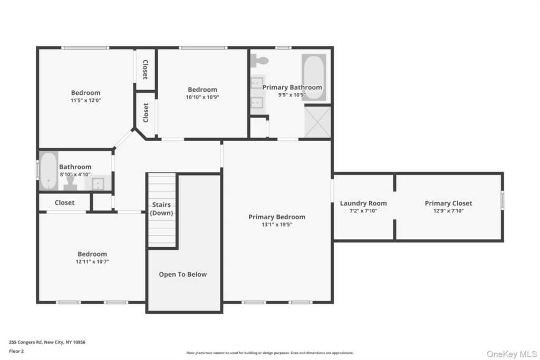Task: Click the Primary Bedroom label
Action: [x=277, y=217]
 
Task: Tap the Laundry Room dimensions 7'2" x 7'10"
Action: [x=363, y=211]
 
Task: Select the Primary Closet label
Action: [x=448, y=203]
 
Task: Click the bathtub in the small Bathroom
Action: [x=49, y=171]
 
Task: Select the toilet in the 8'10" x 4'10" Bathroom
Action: [x=70, y=183]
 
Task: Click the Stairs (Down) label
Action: [x=161, y=209]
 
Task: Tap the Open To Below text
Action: [x=183, y=275]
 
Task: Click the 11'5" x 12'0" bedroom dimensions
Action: [x=86, y=100]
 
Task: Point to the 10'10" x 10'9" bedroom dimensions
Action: [x=202, y=97]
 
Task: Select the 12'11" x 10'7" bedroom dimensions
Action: [x=92, y=261]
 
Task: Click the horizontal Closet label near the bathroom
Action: [x=64, y=202]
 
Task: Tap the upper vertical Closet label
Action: [x=146, y=69]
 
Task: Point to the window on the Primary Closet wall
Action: [x=502, y=200]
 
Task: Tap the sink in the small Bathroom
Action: [x=98, y=183]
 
